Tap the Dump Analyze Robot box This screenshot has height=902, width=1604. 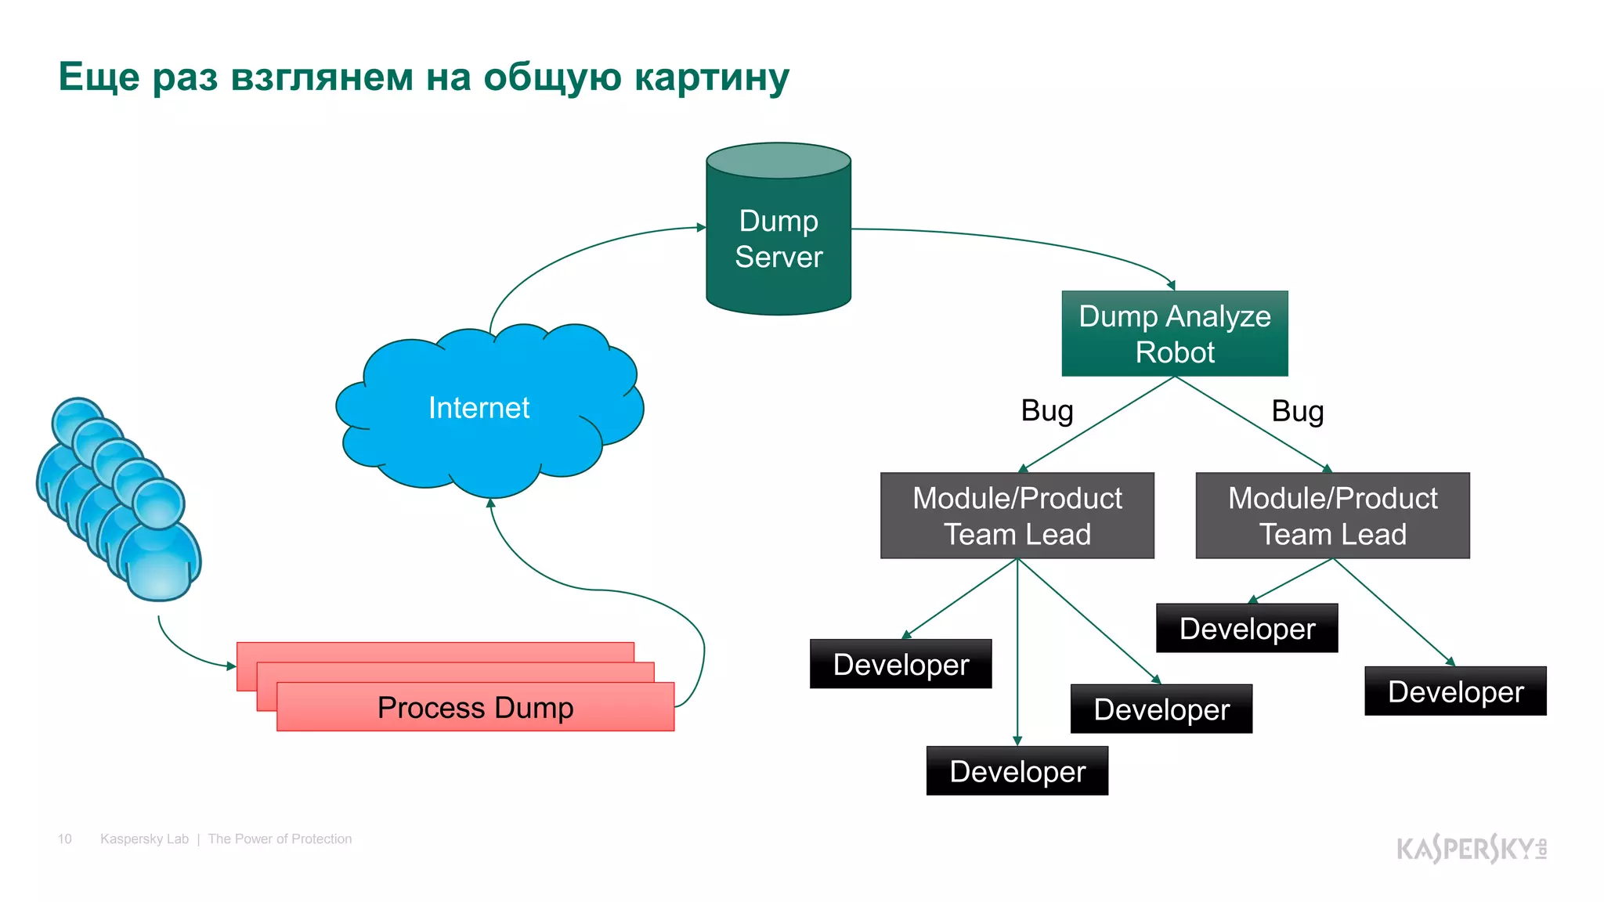coord(1174,334)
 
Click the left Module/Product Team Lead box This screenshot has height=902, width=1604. coord(1017,515)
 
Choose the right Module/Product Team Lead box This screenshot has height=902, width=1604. coord(1332,515)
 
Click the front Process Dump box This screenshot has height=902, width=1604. coord(475,707)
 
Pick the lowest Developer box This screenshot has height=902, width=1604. coord(1017,771)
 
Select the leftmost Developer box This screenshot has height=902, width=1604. coord(901,664)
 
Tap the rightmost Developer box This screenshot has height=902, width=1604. coord(1455,691)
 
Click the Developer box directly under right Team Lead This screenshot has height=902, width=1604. coord(1247,628)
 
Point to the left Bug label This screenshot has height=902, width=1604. coord(1046,411)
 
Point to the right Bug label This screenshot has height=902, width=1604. coord(1297,411)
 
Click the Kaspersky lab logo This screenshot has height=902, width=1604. coord(1471,848)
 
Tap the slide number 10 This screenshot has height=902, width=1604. coord(64,839)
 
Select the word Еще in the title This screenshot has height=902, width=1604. coord(99,78)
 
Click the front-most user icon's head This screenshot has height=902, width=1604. coord(159,503)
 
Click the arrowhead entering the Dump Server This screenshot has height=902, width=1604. coord(701,227)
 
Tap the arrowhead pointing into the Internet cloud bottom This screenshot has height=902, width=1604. coord(491,503)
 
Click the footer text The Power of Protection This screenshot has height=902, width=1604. coord(280,839)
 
